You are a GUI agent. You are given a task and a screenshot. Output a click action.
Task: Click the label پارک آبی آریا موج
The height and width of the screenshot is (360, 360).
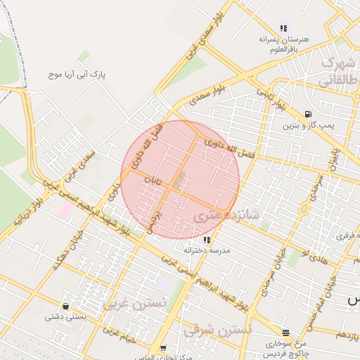click(77, 73)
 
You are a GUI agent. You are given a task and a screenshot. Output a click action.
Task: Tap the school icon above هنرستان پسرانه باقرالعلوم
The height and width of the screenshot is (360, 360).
click(283, 29)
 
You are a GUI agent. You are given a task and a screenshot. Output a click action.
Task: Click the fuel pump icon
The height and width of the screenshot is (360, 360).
click(307, 114)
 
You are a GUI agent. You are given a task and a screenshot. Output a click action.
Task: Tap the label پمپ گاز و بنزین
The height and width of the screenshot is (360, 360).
click(307, 127)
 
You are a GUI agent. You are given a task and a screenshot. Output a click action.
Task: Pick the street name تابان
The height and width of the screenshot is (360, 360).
click(153, 180)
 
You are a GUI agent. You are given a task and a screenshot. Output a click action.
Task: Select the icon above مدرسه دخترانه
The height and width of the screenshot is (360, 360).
click(206, 240)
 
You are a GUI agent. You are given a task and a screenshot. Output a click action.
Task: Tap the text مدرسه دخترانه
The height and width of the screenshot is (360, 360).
click(207, 250)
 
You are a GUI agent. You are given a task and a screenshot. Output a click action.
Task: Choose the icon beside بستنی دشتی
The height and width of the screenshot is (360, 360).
click(66, 306)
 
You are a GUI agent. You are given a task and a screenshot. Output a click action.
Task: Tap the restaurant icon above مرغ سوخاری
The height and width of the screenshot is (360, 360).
click(285, 333)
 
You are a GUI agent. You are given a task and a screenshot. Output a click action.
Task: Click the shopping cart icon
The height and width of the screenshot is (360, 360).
click(163, 347)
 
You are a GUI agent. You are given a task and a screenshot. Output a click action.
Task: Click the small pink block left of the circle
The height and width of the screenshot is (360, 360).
click(65, 209)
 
